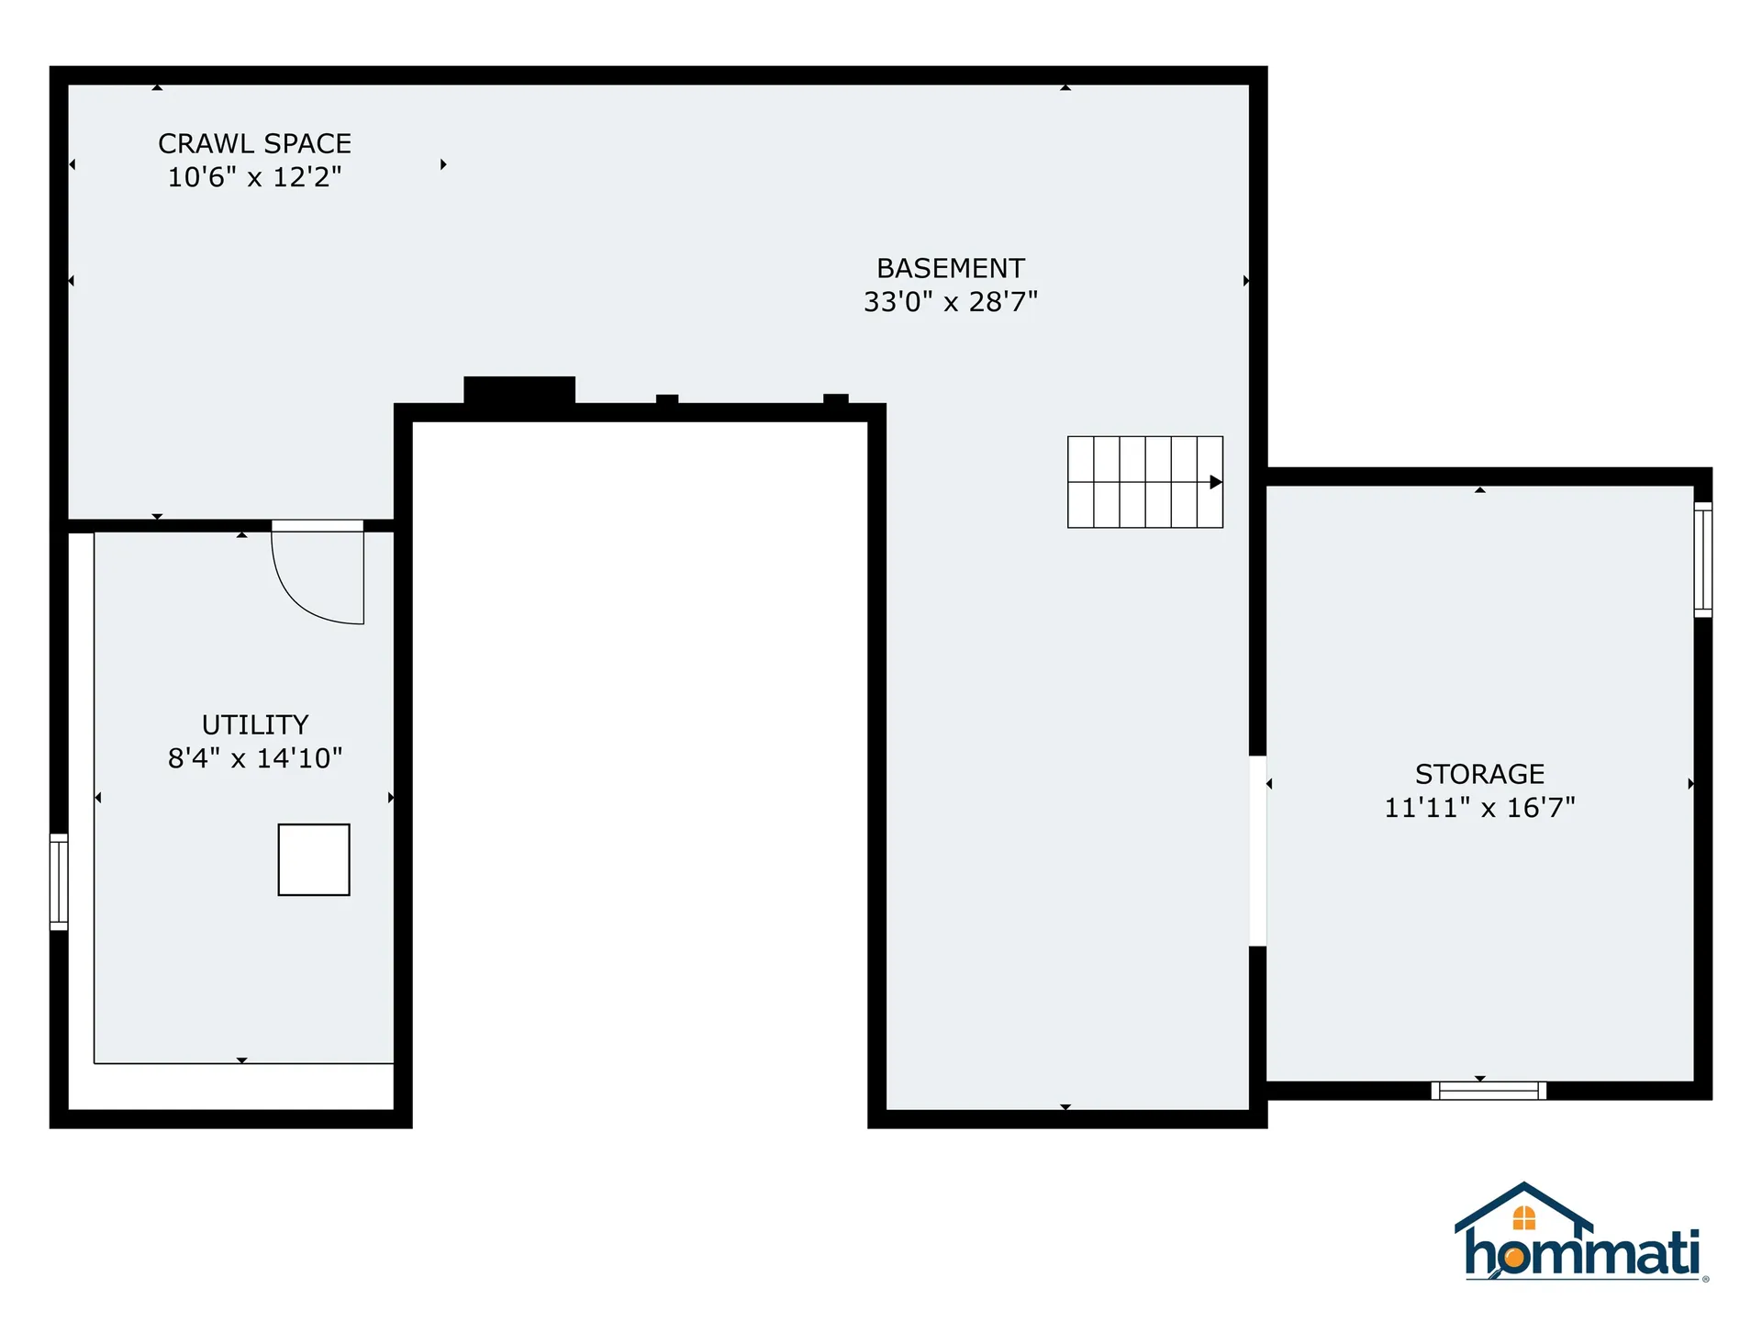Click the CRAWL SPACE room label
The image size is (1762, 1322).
[254, 143]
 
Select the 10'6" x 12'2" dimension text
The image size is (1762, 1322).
[254, 176]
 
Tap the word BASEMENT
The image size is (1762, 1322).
[950, 268]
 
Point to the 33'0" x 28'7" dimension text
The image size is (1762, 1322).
[950, 301]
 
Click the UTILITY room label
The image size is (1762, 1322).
[255, 724]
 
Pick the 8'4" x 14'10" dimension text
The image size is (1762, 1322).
[255, 758]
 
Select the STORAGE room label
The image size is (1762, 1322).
[1479, 774]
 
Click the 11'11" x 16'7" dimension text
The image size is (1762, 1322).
[1479, 808]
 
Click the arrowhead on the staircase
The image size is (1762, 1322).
[1216, 482]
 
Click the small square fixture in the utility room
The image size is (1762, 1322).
[314, 859]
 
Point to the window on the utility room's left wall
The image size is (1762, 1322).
[59, 881]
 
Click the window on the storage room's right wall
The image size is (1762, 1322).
[1702, 559]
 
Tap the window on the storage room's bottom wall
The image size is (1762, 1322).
[1489, 1091]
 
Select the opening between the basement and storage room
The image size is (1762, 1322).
[1257, 850]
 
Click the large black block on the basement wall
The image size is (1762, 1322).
[519, 390]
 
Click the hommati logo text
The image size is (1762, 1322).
[1582, 1254]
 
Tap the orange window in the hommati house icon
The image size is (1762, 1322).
[1524, 1218]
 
